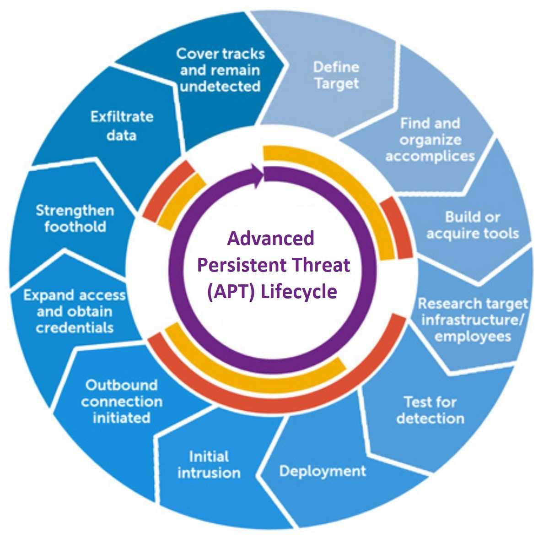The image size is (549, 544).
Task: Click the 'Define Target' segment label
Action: (336, 75)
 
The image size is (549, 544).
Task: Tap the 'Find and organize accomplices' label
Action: (430, 140)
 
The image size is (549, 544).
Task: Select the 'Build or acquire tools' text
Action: (473, 225)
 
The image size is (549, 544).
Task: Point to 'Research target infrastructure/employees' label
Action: (473, 320)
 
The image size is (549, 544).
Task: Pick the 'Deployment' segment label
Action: (323, 471)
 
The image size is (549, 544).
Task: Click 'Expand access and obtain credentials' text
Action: (75, 311)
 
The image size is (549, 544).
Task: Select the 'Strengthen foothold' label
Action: (75, 218)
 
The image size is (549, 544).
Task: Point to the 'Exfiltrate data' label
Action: (122, 126)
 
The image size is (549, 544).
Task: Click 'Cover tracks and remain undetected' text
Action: (221, 70)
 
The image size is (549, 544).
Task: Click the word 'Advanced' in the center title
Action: (271, 238)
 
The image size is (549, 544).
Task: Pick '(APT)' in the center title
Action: (231, 292)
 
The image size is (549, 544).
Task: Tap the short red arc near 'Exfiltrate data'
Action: (167, 190)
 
